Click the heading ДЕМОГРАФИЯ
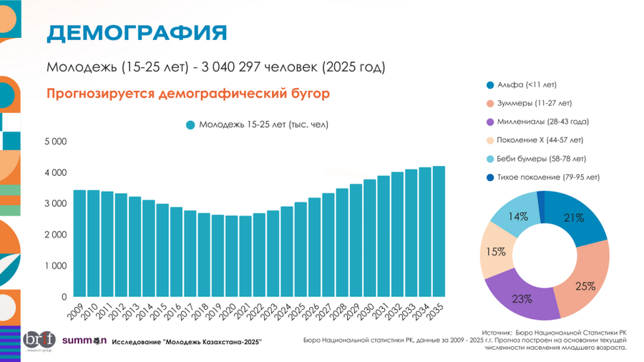coord(137,33)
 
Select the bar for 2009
coord(80,243)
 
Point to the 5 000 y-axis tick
coord(55,142)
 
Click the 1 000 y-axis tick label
coord(55,265)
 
